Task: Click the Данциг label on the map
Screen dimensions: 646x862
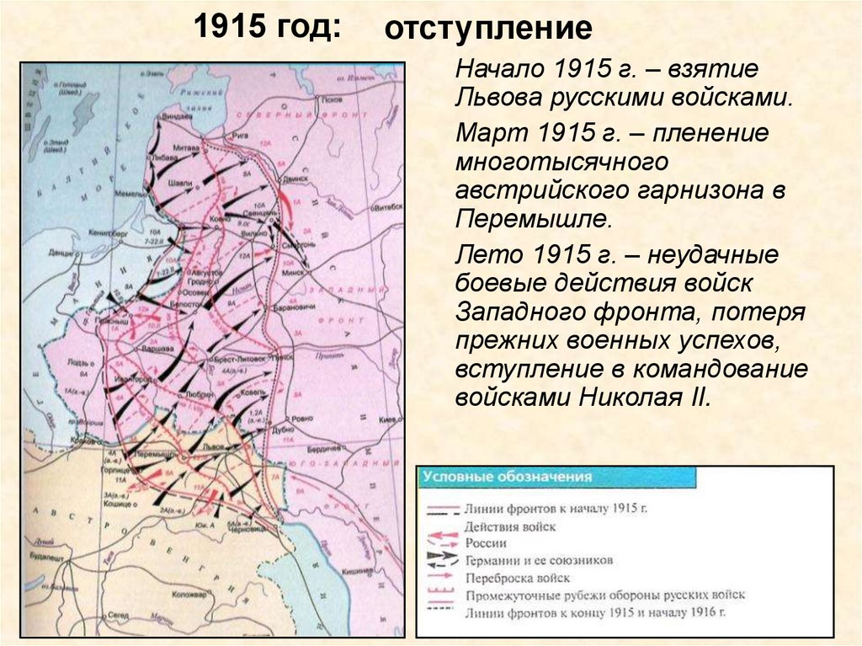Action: coord(61,252)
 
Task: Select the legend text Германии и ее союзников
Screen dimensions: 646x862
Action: coord(538,560)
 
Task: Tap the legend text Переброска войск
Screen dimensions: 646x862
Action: coord(517,578)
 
